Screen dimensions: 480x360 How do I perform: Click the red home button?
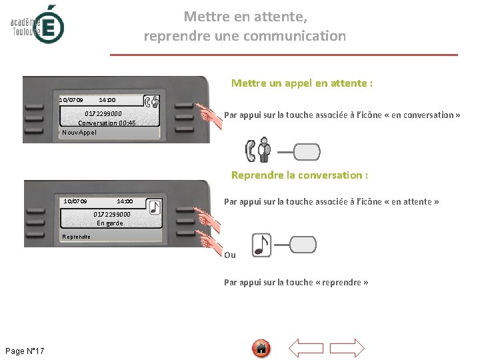click(261, 349)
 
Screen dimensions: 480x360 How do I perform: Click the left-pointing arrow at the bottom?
click(306, 348)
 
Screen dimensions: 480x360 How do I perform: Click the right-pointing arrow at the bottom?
click(347, 348)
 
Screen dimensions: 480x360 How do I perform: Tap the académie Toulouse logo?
click(37, 25)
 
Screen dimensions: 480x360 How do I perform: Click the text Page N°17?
click(25, 351)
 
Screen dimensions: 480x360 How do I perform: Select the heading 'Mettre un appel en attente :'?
click(302, 83)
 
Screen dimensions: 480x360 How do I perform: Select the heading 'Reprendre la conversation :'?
click(299, 175)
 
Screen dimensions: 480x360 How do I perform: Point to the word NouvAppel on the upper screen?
click(79, 133)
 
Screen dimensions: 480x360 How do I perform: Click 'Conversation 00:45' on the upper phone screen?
click(107, 123)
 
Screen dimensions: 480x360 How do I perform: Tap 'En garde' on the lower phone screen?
click(110, 223)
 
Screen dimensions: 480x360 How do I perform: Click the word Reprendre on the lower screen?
click(76, 237)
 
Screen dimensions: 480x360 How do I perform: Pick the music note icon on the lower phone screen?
click(155, 207)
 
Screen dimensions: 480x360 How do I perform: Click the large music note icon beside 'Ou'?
click(261, 245)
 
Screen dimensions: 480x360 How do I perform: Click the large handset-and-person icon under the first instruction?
click(258, 150)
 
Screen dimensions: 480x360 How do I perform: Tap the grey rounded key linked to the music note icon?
click(303, 245)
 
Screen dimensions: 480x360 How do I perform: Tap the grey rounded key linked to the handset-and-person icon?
click(307, 152)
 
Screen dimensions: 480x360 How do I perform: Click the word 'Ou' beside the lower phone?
click(230, 255)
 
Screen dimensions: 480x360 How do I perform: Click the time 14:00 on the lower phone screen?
click(125, 201)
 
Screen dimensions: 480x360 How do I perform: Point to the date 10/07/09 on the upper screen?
click(71, 100)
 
